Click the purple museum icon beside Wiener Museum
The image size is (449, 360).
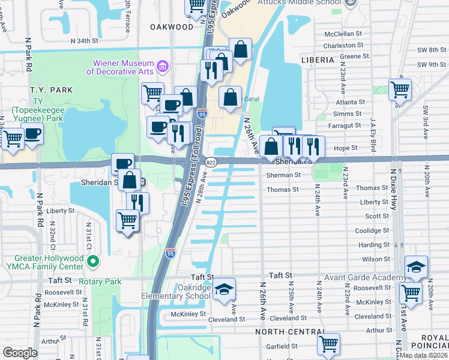pyautogui.click(x=162, y=65)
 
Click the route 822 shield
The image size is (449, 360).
pyautogui.click(x=211, y=162)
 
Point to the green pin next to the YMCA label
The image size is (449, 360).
pyautogui.click(x=92, y=262)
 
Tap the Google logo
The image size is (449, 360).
pyautogui.click(x=20, y=353)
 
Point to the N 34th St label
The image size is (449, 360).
pyautogui.click(x=83, y=41)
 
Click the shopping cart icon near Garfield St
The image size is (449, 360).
pyautogui.click(x=328, y=344)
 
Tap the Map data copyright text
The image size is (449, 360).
pyautogui.click(x=424, y=355)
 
